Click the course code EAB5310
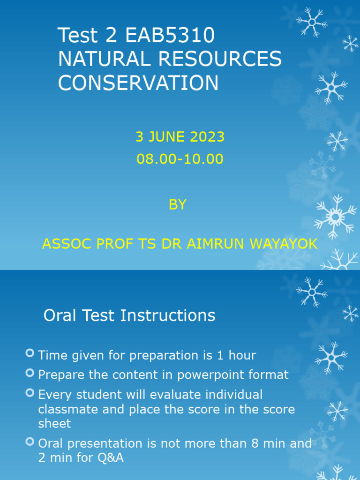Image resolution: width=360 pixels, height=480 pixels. click(x=171, y=36)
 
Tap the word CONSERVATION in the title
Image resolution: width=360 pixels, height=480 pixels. click(x=138, y=83)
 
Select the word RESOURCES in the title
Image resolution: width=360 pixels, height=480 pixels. click(x=221, y=60)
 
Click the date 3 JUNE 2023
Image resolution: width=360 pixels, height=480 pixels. click(x=180, y=137)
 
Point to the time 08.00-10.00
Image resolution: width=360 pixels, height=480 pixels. click(x=180, y=159)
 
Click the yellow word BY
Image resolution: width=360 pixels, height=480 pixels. click(x=178, y=204)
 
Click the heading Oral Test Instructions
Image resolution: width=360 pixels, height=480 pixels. click(x=129, y=315)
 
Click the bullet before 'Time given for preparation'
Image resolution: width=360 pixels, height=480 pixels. click(x=30, y=353)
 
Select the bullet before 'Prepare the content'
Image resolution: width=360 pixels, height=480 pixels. click(x=30, y=373)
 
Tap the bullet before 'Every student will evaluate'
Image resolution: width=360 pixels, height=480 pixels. click(x=30, y=392)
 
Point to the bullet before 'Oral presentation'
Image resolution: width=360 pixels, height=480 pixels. click(x=30, y=442)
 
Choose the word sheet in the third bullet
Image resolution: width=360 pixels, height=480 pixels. click(x=54, y=424)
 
